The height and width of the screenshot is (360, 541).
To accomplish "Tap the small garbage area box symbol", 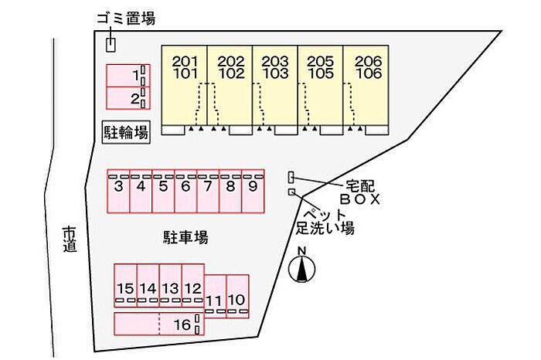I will [111, 44].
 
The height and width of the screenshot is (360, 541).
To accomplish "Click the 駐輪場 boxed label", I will [126, 132].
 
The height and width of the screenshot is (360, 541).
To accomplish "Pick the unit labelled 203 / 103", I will [274, 85].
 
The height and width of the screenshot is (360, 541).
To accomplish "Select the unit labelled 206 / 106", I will [366, 85].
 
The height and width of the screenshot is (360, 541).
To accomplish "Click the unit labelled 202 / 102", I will [230, 85].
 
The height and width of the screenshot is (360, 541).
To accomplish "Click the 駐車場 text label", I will [185, 237].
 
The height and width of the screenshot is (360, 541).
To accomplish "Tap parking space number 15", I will [125, 286].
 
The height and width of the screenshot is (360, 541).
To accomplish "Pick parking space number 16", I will [159, 324].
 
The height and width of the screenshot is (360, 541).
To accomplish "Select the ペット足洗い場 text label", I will [325, 221].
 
